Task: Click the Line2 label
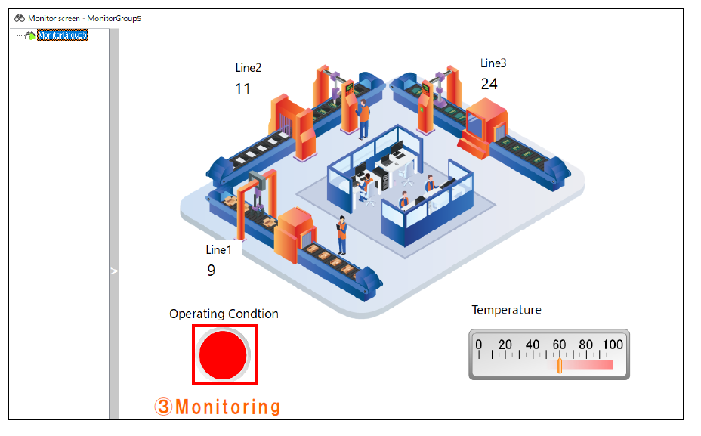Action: (x=249, y=68)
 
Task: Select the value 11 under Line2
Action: (x=242, y=89)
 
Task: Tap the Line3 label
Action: (x=493, y=63)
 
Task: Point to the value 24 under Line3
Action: (x=489, y=84)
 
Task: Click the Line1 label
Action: (x=218, y=249)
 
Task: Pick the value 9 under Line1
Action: (x=212, y=270)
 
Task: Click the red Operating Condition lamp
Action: (x=224, y=354)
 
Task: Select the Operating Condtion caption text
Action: (x=224, y=314)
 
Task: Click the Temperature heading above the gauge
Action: (x=506, y=310)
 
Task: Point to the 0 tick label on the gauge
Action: (x=478, y=345)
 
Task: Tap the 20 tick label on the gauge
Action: (x=505, y=345)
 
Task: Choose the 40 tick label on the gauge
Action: (x=532, y=345)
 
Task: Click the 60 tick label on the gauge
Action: (x=559, y=345)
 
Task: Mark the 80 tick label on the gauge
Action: (x=585, y=345)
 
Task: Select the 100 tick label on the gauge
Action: (x=613, y=345)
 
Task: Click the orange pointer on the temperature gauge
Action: (x=560, y=366)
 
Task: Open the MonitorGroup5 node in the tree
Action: (x=63, y=35)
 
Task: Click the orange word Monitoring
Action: (x=228, y=407)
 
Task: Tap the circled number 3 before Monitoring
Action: (x=163, y=407)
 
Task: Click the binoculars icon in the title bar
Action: (x=20, y=17)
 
